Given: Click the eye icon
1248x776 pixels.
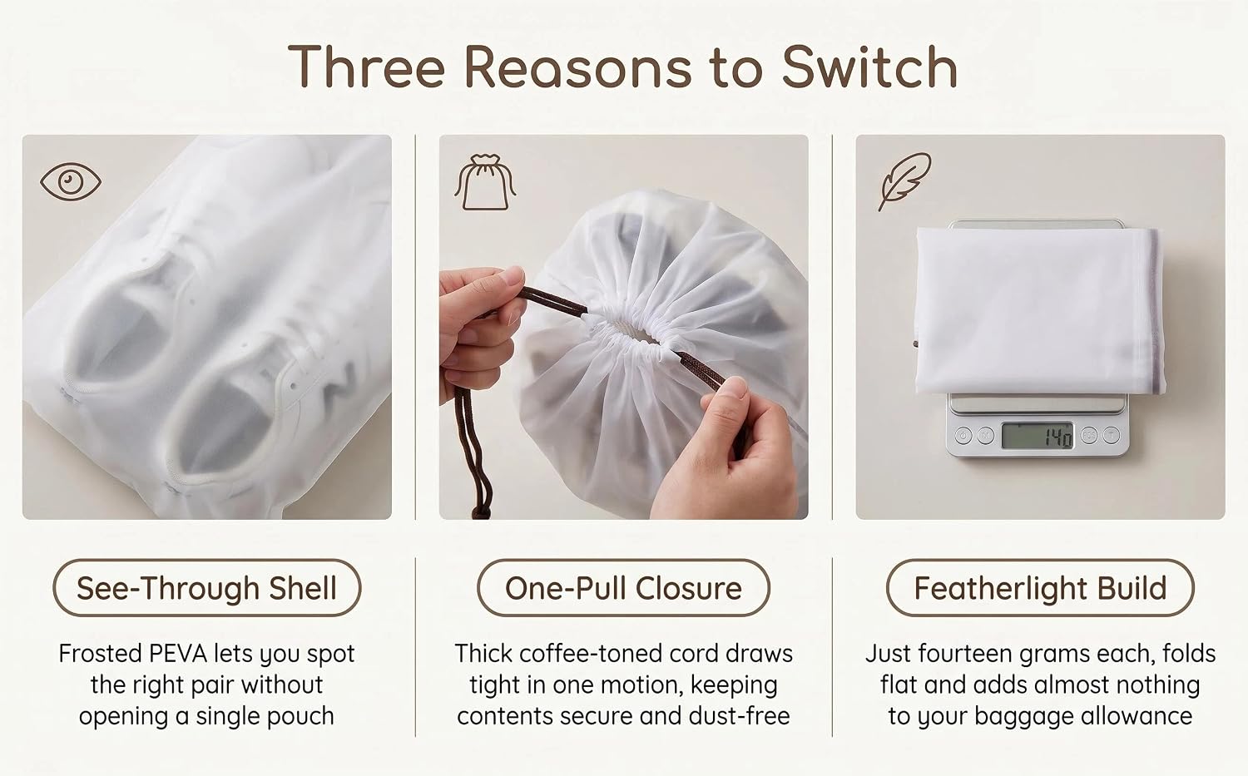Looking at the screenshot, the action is [x=70, y=181].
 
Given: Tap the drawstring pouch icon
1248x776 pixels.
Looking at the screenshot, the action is [x=485, y=182].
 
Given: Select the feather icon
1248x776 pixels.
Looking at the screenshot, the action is [x=904, y=181].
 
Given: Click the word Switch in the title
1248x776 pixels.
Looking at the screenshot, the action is [x=869, y=67].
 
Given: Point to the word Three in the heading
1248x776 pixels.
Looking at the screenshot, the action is [x=366, y=67].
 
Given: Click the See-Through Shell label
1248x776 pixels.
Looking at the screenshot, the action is [x=206, y=588].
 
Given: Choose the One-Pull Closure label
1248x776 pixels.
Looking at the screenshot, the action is [x=623, y=588].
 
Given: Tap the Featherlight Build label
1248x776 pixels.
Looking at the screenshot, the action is [x=1040, y=588].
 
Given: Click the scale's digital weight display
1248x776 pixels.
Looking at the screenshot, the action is [x=1037, y=436].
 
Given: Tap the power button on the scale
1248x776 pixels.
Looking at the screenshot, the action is [x=963, y=435].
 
